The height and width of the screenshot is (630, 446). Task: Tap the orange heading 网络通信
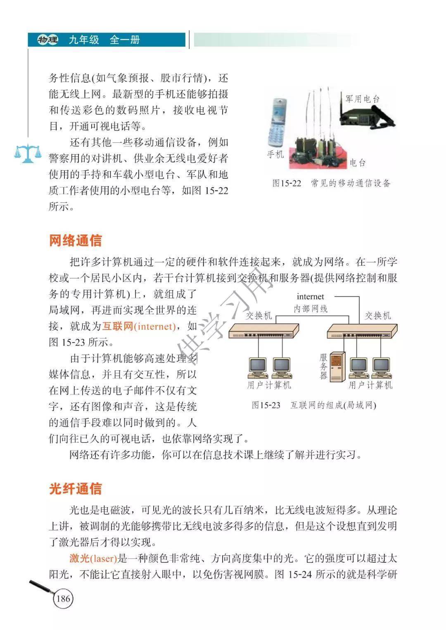pyautogui.click(x=75, y=240)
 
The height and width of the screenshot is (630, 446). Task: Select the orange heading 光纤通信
pyautogui.click(x=75, y=488)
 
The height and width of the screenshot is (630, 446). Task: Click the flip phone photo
pyautogui.click(x=277, y=122)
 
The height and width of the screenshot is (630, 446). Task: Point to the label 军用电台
pyautogui.click(x=363, y=99)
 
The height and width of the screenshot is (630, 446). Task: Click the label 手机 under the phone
pyautogui.click(x=275, y=154)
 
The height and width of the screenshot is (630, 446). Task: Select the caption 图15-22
pyautogui.click(x=287, y=183)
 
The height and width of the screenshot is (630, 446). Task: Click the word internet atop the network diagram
pyautogui.click(x=311, y=296)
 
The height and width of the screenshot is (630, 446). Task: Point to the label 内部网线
pyautogui.click(x=311, y=309)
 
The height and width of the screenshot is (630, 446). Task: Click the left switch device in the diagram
pyautogui.click(x=263, y=331)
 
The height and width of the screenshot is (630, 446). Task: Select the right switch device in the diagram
pyautogui.click(x=362, y=331)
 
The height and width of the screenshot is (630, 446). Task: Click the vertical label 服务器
pyautogui.click(x=324, y=367)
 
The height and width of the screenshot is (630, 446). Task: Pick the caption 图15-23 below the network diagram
pyautogui.click(x=266, y=405)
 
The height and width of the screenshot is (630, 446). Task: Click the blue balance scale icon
pyautogui.click(x=28, y=153)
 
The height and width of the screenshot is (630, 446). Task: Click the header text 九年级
pyautogui.click(x=84, y=40)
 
